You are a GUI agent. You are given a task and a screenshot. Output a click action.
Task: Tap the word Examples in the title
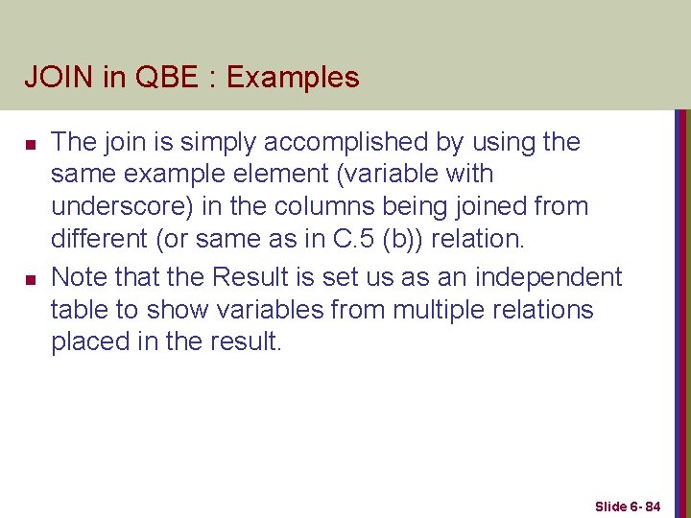tap(292, 77)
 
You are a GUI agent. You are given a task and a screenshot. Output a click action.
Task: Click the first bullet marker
tap(30, 144)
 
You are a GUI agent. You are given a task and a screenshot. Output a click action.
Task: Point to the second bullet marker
tap(30, 279)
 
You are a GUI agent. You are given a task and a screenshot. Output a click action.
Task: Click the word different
tap(98, 239)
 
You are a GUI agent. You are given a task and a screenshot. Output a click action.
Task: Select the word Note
tap(79, 278)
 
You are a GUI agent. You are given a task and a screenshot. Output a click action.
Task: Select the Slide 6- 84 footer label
tap(628, 506)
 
